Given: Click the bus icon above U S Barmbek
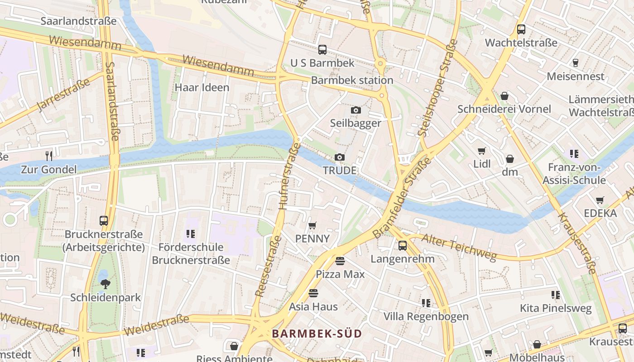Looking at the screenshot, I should point(322,50).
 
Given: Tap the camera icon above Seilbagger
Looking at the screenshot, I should point(355,110).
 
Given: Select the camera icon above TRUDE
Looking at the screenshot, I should point(339,157).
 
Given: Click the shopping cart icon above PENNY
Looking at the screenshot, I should point(312,225).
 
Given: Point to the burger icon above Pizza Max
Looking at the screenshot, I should point(340,261).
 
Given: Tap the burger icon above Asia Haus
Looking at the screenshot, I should point(313,293).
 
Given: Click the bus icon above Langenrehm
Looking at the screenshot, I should point(402,246).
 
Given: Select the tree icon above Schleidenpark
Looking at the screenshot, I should point(105,284).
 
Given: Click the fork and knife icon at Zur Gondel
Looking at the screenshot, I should point(49,156).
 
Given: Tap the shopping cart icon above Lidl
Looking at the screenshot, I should point(482,151).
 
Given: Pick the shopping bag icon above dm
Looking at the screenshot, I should point(510,159).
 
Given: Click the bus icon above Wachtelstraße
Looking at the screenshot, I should point(521,29).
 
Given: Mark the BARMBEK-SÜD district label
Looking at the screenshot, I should point(317,334).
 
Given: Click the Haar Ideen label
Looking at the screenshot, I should point(202,87).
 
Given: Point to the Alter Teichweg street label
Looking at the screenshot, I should point(459,248).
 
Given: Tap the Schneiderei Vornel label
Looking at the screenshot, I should point(504,109).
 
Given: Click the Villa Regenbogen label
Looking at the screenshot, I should point(426,316).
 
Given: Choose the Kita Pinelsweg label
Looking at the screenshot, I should point(556,308).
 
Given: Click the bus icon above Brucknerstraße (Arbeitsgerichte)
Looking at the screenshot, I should point(104,221).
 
